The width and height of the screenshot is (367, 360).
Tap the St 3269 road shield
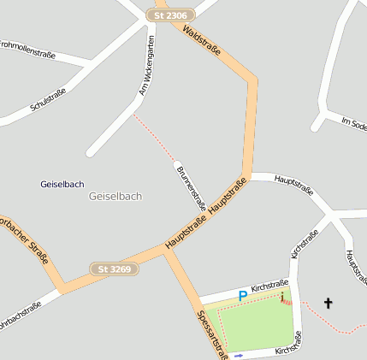tap(115, 269)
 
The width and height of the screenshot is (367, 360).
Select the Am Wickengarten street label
tap(147, 66)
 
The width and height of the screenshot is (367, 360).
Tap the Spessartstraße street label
tap(211, 333)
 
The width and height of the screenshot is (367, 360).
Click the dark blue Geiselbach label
tap(62, 184)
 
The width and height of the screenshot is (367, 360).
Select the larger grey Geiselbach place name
tap(115, 197)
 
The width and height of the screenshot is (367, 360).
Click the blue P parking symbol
tap(242, 296)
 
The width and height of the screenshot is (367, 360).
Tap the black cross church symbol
tap(328, 303)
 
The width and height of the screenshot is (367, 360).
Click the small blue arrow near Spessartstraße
tap(239, 355)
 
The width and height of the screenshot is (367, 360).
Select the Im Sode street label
tap(353, 125)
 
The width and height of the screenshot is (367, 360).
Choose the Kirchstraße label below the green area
tap(288, 346)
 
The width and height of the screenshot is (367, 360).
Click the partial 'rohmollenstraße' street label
tap(28, 49)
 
